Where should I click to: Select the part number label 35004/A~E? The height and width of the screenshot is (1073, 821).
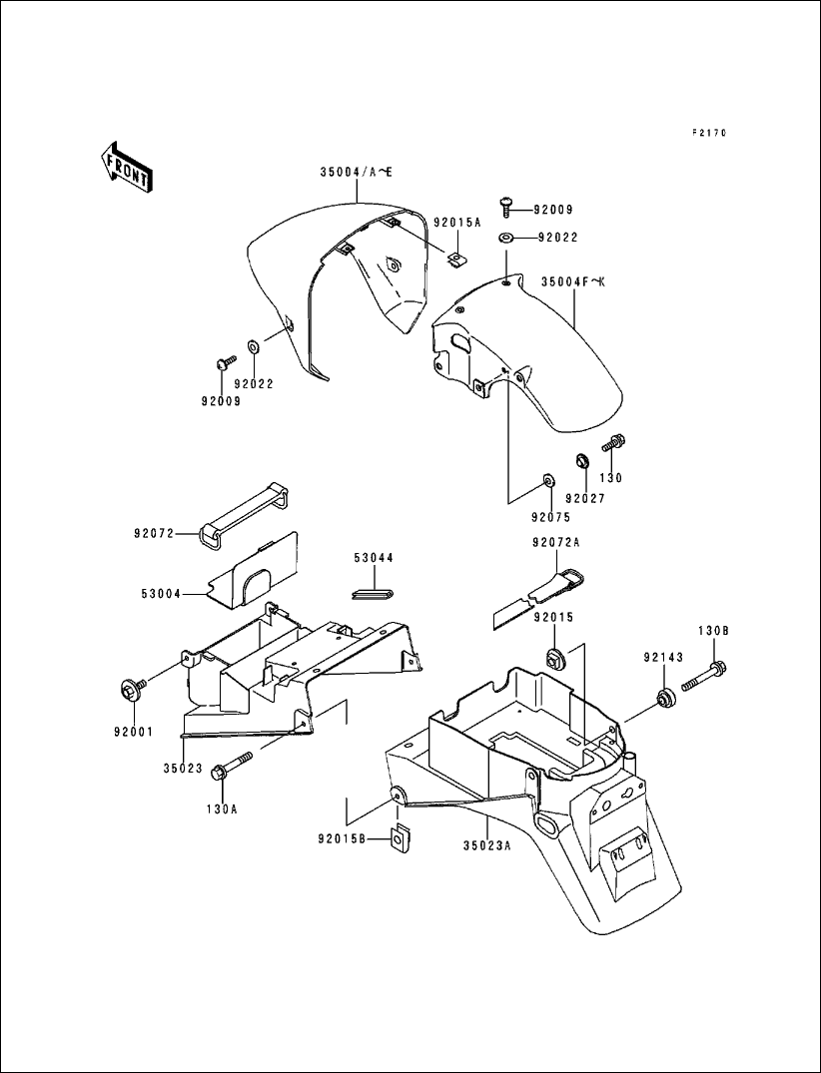tap(357, 173)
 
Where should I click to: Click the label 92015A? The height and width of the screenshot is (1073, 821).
tap(456, 222)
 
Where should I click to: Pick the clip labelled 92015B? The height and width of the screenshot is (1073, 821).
tap(402, 840)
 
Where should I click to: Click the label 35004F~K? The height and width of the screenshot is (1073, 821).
tap(573, 281)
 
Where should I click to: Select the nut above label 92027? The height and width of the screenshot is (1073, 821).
tap(578, 463)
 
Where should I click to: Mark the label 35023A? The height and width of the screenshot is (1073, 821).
tap(486, 845)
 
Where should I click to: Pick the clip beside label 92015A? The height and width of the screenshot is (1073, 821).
tap(455, 260)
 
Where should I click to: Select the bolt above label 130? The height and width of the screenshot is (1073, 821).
tap(612, 443)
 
